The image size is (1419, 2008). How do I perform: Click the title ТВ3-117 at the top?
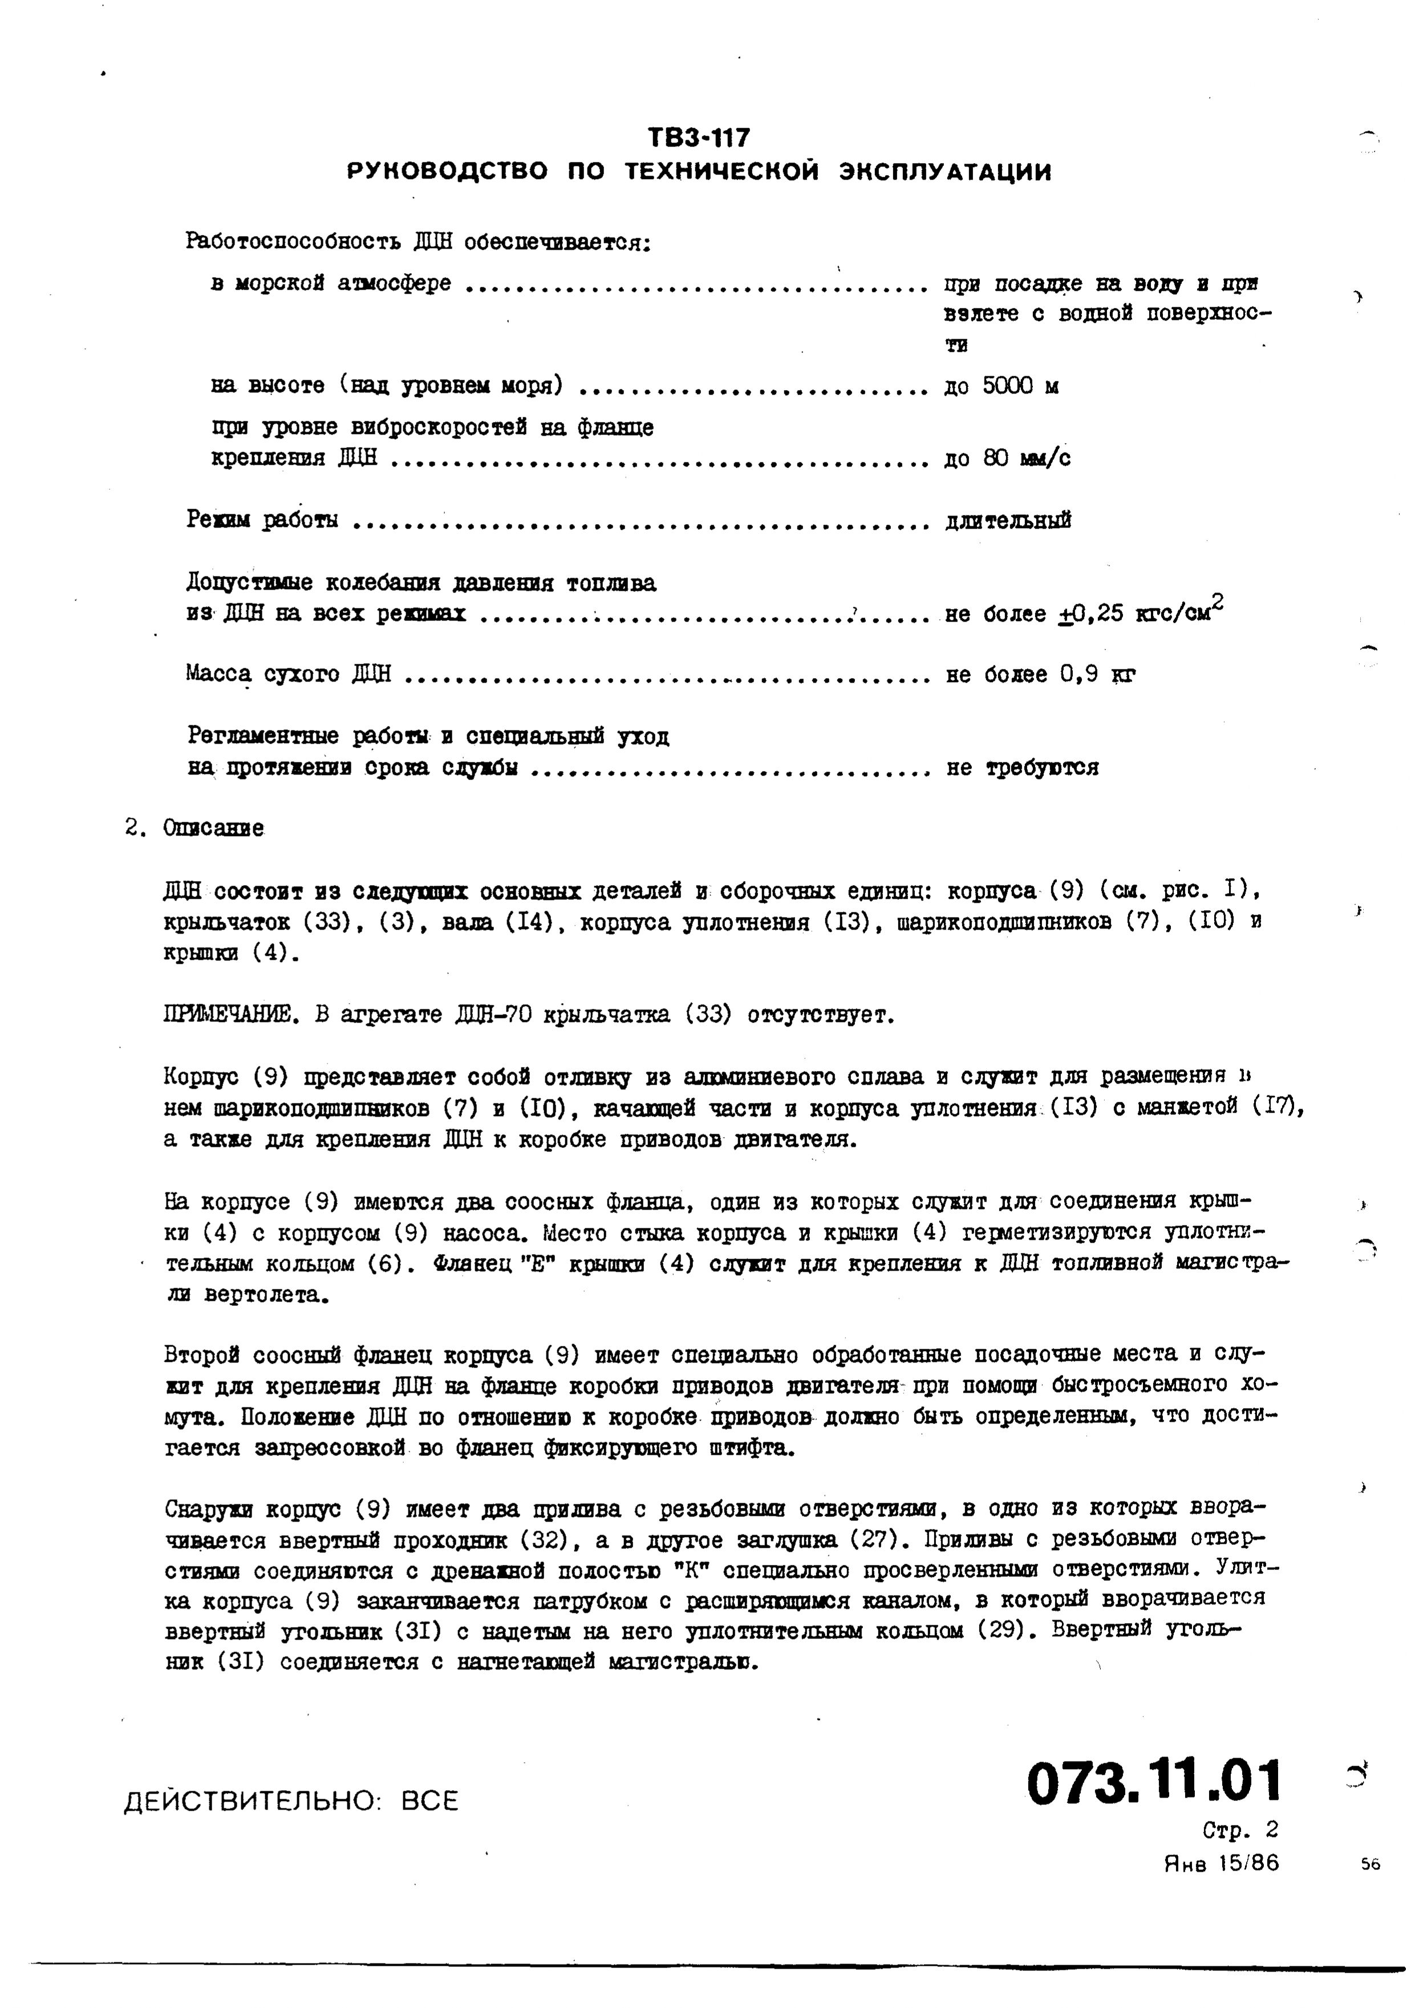699,138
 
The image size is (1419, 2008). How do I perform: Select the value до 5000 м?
1001,386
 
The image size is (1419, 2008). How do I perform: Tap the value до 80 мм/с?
1007,459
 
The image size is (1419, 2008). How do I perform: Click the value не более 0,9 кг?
1040,674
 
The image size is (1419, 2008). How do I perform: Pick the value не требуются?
1022,768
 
